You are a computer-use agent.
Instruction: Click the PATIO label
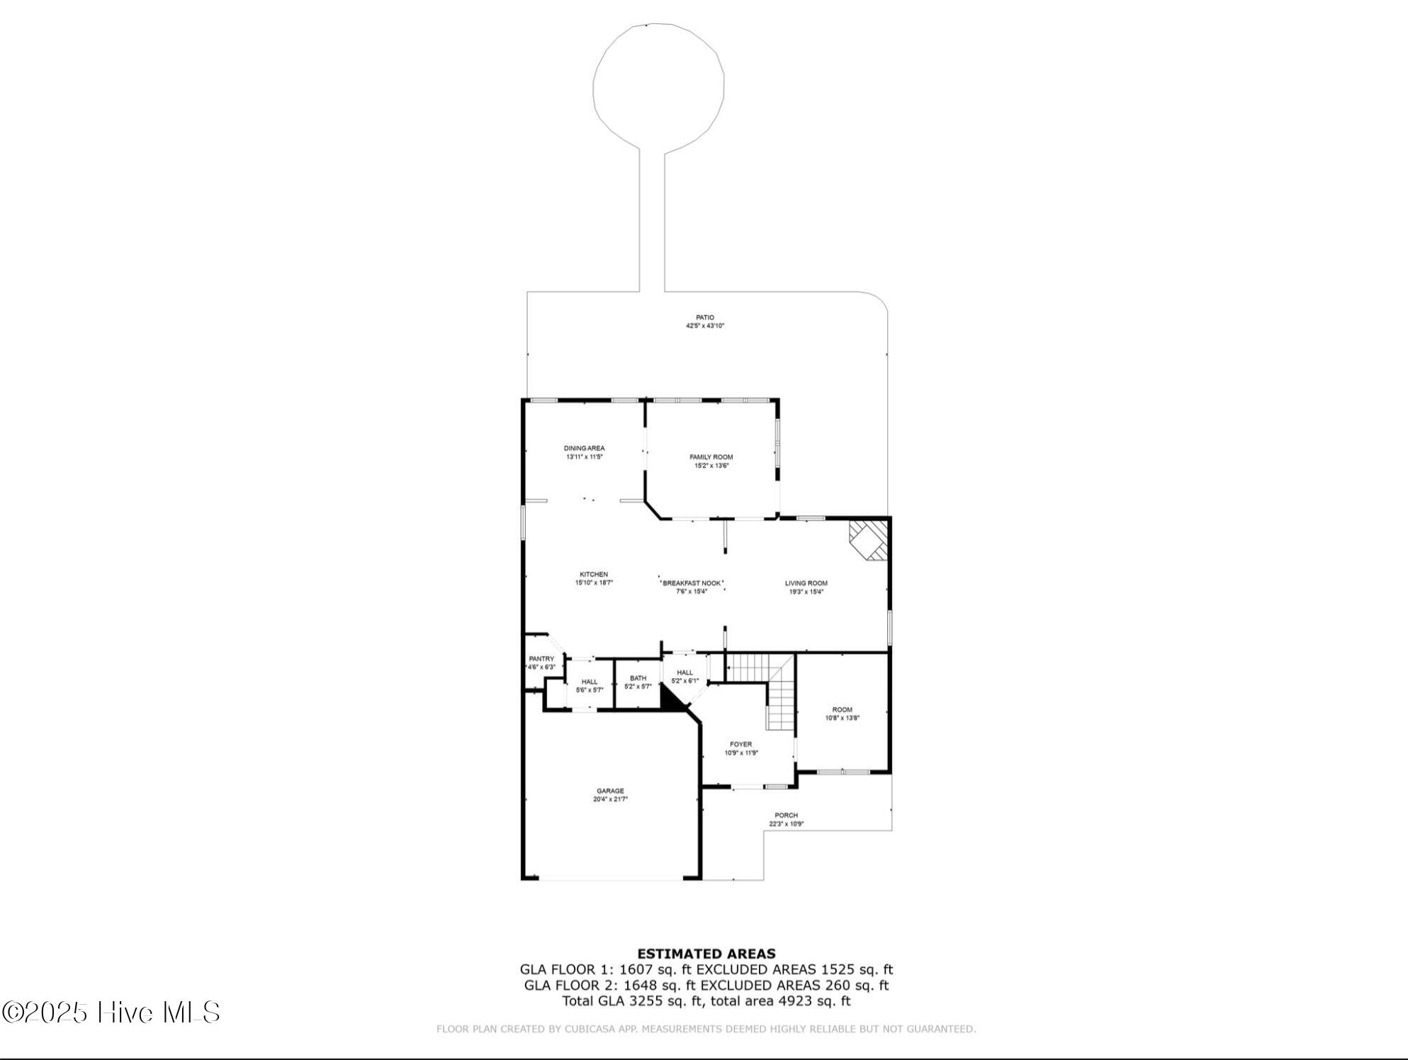(704, 317)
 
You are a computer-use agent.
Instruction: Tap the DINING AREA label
(584, 449)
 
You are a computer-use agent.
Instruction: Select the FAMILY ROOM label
(711, 457)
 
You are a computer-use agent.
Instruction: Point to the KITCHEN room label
(594, 575)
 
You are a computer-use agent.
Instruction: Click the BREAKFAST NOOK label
(692, 583)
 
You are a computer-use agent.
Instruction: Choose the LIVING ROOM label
(806, 583)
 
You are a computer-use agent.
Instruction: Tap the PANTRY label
(541, 659)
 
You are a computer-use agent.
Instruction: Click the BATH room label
(638, 678)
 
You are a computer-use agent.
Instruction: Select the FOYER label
(740, 745)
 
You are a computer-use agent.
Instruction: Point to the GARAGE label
(610, 791)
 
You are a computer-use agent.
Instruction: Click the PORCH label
(786, 816)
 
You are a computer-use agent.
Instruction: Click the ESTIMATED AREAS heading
(706, 954)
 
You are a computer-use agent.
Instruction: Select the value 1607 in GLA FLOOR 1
(636, 970)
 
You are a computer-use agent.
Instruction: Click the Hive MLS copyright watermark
(111, 1013)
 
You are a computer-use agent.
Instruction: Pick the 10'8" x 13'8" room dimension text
(842, 718)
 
